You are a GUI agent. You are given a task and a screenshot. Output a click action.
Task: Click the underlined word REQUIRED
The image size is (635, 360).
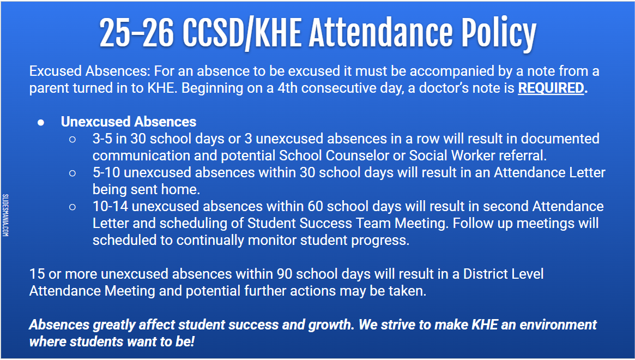click(551, 88)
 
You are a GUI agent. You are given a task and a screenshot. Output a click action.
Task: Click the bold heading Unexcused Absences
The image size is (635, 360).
click(129, 122)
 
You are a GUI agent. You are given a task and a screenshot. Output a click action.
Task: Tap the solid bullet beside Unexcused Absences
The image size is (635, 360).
click(41, 122)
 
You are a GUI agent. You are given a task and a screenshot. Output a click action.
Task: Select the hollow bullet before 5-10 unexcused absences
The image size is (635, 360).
click(72, 173)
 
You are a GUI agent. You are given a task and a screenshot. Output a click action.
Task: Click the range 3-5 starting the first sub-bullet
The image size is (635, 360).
click(104, 139)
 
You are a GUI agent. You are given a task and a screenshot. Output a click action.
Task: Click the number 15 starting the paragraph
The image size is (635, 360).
click(38, 274)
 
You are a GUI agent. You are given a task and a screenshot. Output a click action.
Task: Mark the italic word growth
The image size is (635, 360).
click(327, 325)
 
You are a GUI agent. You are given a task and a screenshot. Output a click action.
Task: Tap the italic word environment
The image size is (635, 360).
click(558, 325)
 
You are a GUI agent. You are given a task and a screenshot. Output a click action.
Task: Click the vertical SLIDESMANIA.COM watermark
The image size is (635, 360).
click(5, 215)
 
